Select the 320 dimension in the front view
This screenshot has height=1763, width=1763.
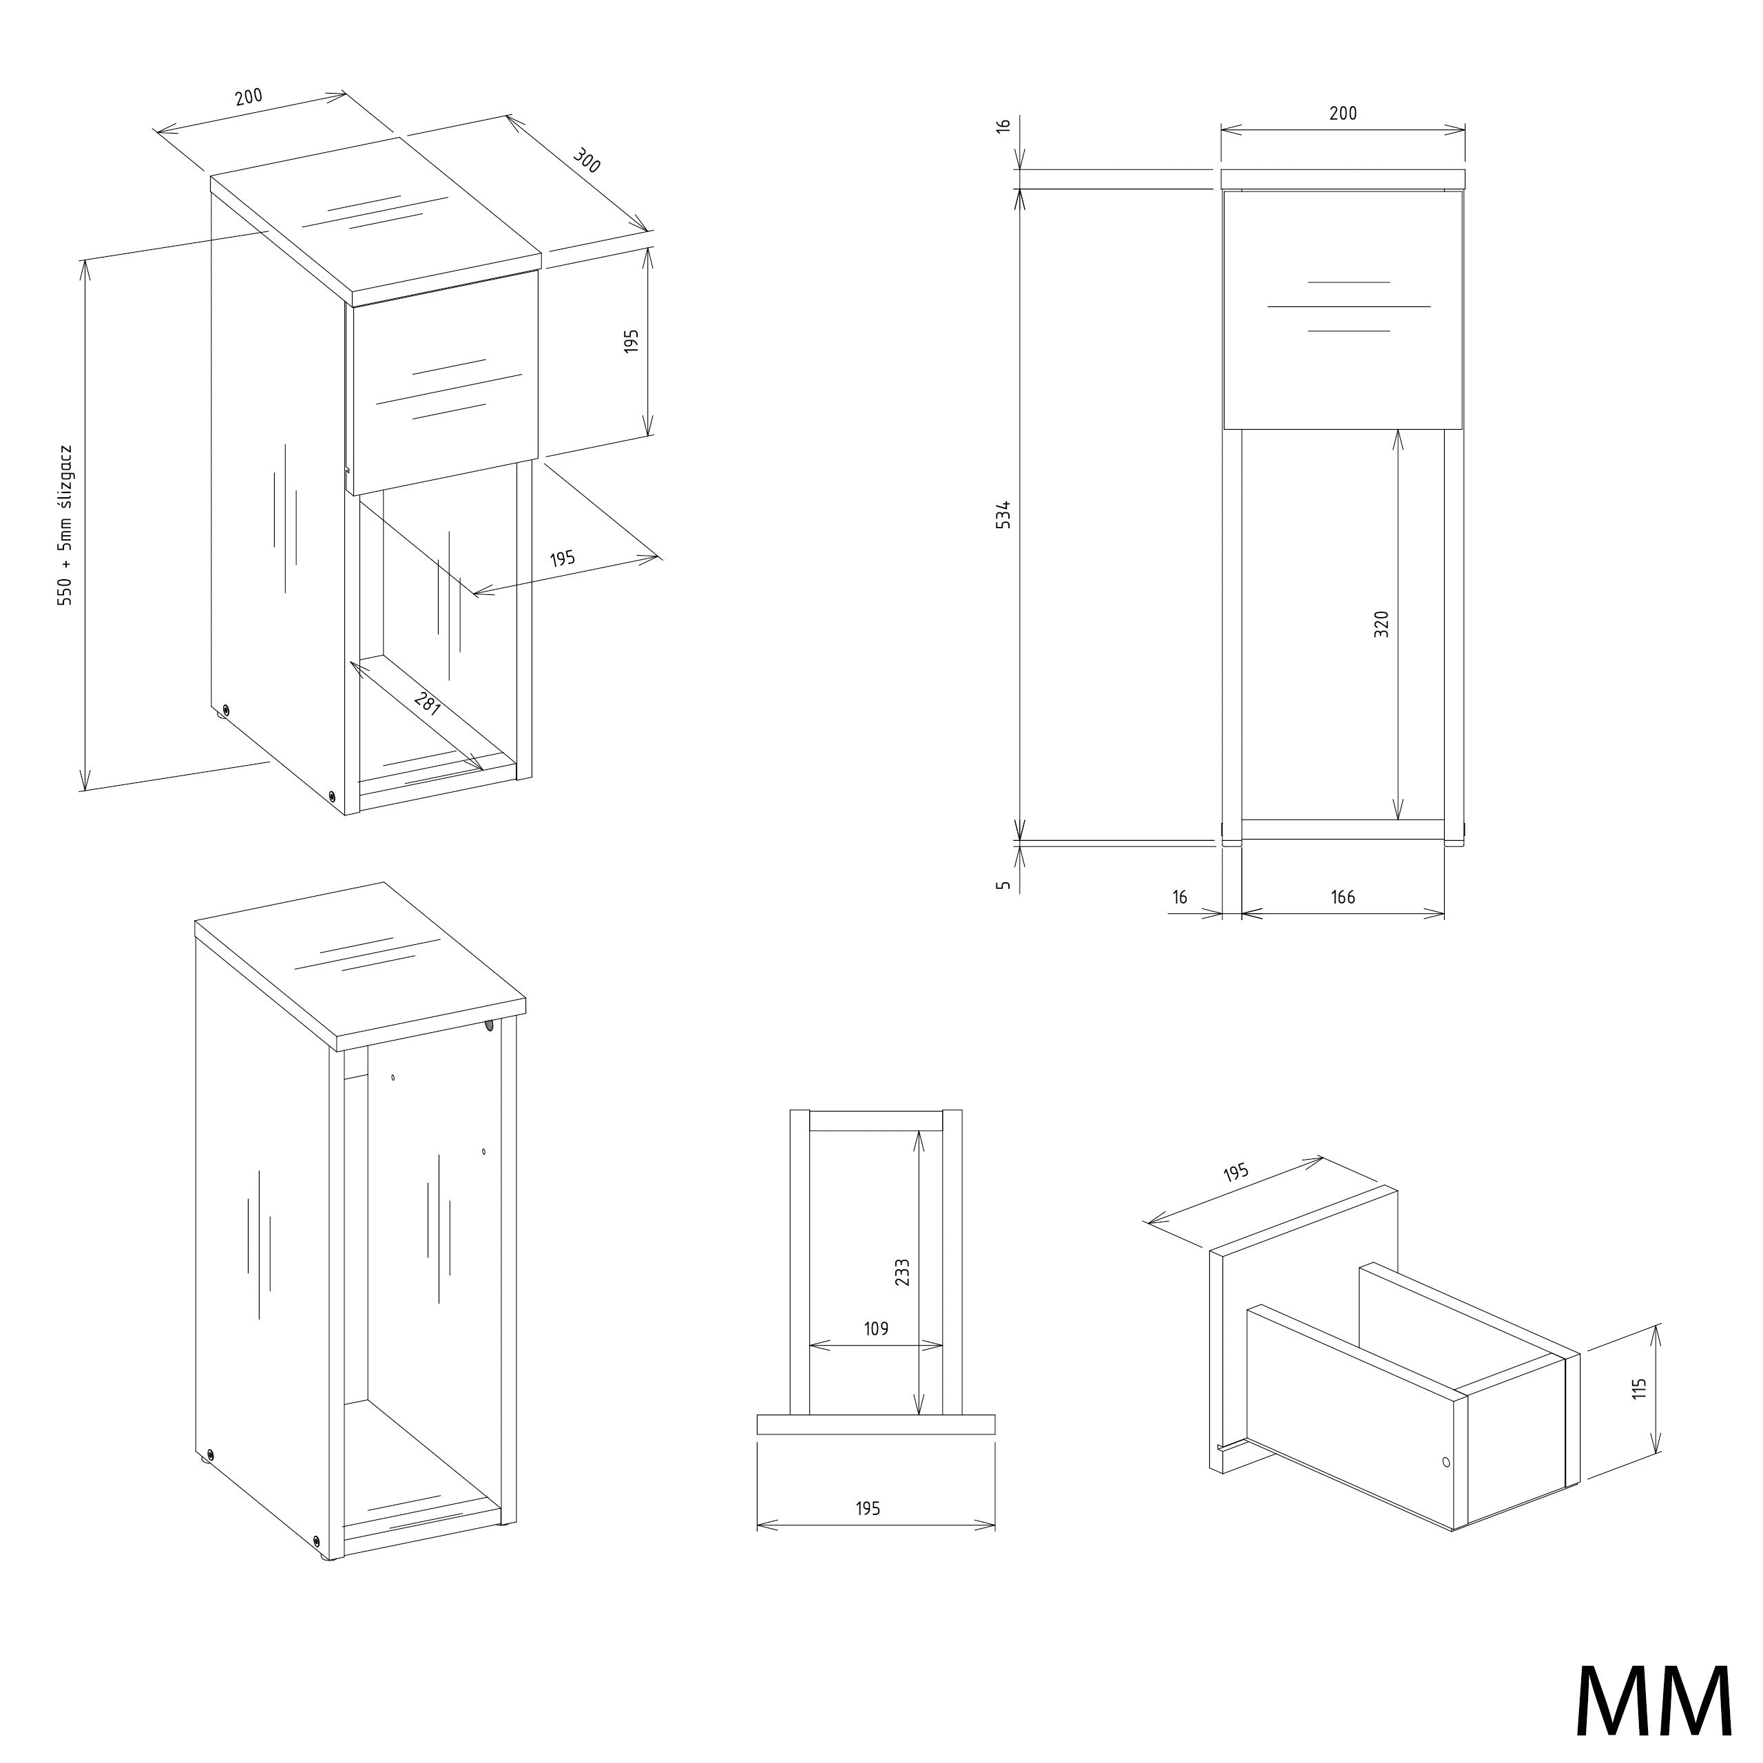point(1381,624)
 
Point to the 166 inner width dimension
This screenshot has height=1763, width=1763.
point(1343,897)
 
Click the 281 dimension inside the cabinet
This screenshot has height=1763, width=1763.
point(427,702)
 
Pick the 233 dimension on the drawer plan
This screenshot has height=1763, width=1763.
point(902,1273)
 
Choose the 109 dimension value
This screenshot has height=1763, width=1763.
point(876,1328)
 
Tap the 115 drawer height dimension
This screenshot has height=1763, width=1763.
point(1640,1388)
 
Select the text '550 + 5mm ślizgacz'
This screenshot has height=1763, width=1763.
point(65,525)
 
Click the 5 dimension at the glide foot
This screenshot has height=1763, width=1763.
point(1004,884)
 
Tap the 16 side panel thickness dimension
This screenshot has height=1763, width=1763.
point(1180,897)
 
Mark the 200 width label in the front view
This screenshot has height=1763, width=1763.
point(1343,113)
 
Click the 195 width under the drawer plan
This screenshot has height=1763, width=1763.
point(868,1508)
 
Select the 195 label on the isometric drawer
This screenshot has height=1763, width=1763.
point(1235,1173)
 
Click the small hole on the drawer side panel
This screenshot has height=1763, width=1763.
point(1446,1462)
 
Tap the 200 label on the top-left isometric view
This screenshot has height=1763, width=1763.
point(248,96)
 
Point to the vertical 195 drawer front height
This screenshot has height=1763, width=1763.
point(632,342)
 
